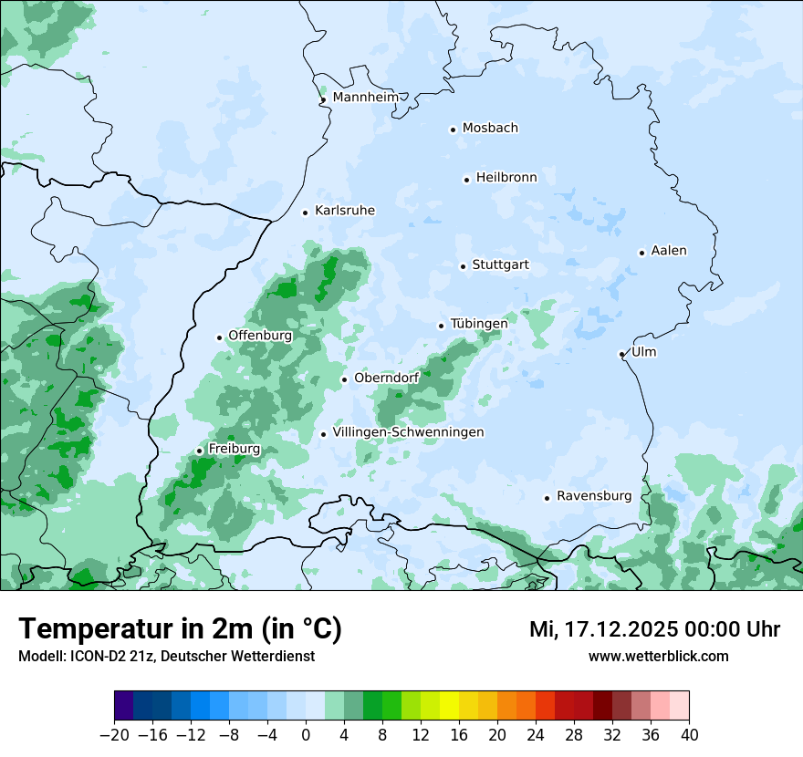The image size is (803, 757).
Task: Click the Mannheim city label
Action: [x=365, y=97]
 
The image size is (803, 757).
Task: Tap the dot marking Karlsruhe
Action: [x=306, y=213]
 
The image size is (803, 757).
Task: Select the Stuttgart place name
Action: [x=500, y=265]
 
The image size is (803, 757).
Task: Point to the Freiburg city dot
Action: [x=199, y=451]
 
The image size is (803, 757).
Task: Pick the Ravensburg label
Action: [x=594, y=496]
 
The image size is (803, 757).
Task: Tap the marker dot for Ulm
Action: [x=621, y=354]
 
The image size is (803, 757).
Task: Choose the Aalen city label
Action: [x=670, y=251]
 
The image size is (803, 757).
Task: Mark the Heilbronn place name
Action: [x=506, y=178]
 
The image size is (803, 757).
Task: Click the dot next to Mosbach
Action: [x=453, y=130]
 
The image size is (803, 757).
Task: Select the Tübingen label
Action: [x=479, y=324]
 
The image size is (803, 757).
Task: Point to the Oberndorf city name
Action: [x=387, y=378]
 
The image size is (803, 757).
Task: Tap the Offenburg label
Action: [x=260, y=336]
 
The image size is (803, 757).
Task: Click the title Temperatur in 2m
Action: [x=180, y=628]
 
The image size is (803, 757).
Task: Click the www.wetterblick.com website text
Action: [x=658, y=656]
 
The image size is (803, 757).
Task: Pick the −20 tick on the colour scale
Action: [x=115, y=735]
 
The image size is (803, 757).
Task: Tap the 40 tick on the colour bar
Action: [x=689, y=735]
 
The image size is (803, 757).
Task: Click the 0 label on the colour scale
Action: [x=306, y=735]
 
